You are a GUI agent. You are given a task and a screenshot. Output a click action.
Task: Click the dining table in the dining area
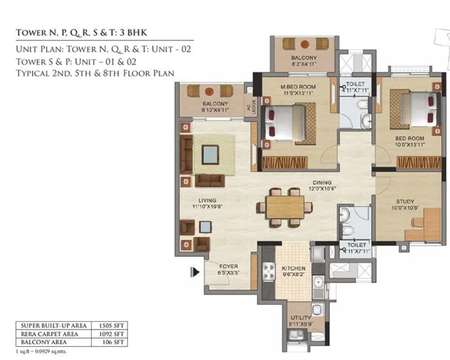(285, 207)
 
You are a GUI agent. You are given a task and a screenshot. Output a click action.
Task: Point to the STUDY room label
(405, 201)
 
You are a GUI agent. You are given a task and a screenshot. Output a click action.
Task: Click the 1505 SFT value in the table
(113, 325)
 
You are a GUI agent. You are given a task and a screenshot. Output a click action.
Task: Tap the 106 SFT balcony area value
(113, 342)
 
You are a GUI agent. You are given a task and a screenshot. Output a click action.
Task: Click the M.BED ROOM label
(298, 87)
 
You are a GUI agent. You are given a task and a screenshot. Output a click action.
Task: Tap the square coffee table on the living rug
(210, 153)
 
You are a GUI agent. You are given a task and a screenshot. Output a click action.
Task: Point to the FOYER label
(229, 266)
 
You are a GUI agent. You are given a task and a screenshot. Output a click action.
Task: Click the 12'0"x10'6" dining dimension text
(321, 189)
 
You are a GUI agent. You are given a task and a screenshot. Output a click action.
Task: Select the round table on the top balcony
(303, 44)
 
